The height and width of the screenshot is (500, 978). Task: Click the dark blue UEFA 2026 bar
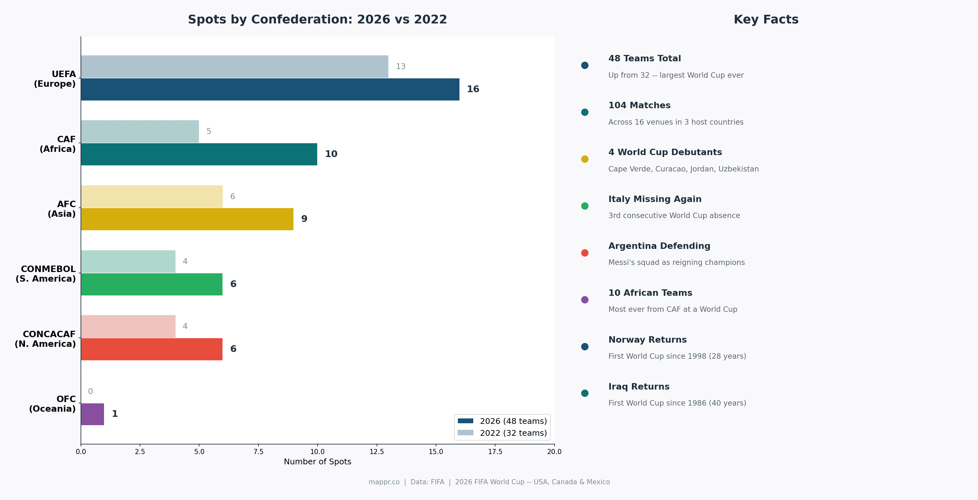[270, 89]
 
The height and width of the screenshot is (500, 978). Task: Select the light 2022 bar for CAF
[140, 131]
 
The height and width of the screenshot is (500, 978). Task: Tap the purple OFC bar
[92, 414]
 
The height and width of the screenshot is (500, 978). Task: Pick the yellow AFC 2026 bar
[187, 219]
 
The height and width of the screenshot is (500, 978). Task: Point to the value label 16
[473, 89]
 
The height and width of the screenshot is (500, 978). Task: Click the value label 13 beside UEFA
[400, 66]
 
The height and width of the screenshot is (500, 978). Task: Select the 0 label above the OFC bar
[90, 391]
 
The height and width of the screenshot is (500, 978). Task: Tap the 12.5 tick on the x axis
[377, 452]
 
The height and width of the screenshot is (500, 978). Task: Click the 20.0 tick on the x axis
[554, 452]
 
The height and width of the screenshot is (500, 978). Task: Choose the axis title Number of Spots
[318, 462]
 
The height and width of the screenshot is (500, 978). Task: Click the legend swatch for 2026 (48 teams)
[466, 421]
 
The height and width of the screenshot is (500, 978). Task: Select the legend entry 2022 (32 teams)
[513, 433]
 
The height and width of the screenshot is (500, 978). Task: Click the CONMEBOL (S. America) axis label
[46, 274]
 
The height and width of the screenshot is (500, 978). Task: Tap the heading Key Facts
[766, 19]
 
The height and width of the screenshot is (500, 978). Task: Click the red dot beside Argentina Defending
[585, 253]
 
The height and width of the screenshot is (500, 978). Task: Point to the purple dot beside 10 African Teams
[585, 300]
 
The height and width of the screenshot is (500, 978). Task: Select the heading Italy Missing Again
[655, 199]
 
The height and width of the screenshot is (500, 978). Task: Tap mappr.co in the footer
[384, 482]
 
